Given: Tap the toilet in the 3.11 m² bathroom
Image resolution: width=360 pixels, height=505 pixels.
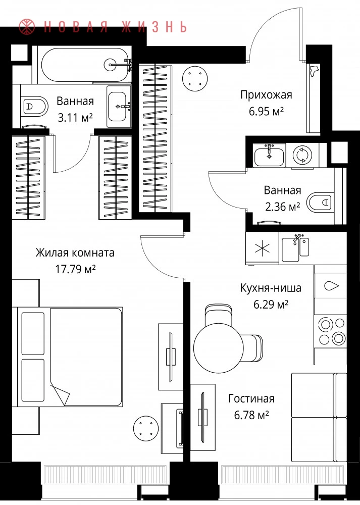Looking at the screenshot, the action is click(x=34, y=106).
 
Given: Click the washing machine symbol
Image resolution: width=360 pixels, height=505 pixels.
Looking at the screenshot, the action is click(x=302, y=155).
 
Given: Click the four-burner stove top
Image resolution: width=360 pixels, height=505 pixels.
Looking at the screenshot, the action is click(x=331, y=331).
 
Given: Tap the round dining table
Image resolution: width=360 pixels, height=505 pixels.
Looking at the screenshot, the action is click(x=218, y=348).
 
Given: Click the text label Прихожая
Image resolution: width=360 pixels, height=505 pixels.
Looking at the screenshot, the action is click(x=266, y=95).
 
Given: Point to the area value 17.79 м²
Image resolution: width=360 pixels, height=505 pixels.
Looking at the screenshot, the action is click(x=75, y=269).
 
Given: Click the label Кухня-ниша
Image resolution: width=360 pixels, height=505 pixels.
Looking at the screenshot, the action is click(x=271, y=288).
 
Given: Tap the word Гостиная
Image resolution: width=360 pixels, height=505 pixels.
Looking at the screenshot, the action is click(x=251, y=398).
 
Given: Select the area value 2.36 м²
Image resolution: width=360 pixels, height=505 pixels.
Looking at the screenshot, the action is click(x=282, y=207).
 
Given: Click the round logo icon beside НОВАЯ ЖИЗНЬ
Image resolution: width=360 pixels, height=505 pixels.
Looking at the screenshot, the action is click(x=27, y=27).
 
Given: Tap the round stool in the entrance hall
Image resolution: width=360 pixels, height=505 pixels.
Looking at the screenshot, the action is click(x=194, y=78).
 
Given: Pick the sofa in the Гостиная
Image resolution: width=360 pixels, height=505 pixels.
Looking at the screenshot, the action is click(x=319, y=418).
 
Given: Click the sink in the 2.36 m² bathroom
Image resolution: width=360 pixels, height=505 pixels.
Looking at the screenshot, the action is click(x=269, y=156).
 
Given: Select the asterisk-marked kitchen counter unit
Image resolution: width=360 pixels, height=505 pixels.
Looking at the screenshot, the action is click(x=262, y=248).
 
